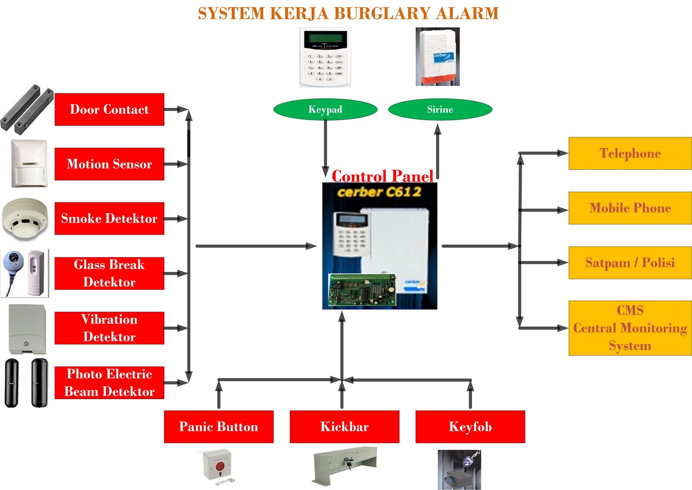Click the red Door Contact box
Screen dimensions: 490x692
coord(109,109)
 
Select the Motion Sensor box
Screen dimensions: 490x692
coord(109,164)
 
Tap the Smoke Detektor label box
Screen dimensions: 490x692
coord(109,218)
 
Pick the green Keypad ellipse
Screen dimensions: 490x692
coord(325,109)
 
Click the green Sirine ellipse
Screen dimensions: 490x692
coord(440,109)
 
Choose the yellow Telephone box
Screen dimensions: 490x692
coord(630,153)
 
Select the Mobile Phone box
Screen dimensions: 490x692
coord(630,208)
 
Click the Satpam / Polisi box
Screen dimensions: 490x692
coord(630,263)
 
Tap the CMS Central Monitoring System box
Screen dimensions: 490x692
coord(630,328)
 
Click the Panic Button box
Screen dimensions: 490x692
coord(218,427)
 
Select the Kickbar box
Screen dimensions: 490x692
coord(344,427)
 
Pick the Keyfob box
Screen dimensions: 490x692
coord(470,427)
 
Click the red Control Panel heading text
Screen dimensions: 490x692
coord(382,176)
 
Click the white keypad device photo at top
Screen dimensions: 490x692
coord(325,57)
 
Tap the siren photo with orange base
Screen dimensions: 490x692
coord(437,57)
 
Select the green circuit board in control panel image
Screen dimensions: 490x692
coord(362,290)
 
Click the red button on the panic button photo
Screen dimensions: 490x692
coord(220,467)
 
